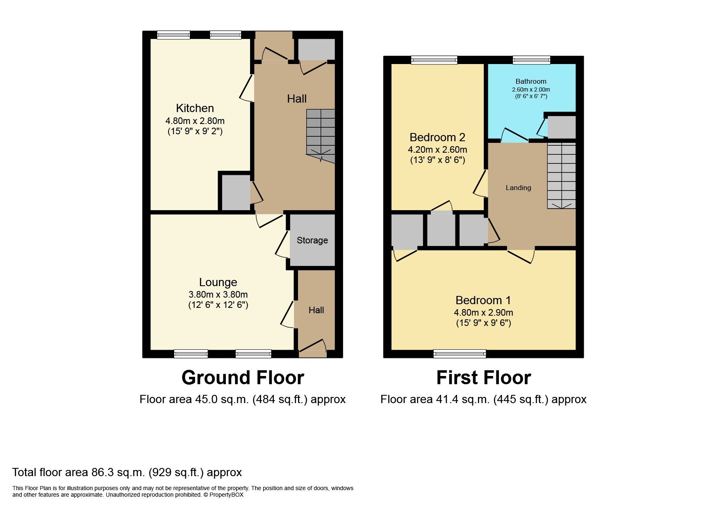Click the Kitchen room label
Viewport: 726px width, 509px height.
point(195,108)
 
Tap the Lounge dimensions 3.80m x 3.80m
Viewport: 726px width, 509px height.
point(218,295)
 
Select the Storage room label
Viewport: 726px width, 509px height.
point(312,241)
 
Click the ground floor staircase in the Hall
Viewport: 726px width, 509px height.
point(321,133)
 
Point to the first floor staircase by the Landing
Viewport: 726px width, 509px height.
point(561,176)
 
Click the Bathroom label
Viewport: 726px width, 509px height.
point(530,81)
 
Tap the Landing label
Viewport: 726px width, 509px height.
point(518,188)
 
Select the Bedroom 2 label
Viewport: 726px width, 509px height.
point(437,138)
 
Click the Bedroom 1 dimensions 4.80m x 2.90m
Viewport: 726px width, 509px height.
point(483,313)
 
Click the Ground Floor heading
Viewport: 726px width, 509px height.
point(243,378)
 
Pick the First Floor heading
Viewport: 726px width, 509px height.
point(483,378)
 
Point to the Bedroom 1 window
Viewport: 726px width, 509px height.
point(460,353)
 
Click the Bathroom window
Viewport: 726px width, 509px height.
point(531,60)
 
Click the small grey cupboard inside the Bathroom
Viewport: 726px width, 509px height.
point(561,127)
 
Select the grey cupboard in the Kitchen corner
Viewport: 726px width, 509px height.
point(236,192)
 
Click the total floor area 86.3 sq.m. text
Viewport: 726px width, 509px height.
point(127,472)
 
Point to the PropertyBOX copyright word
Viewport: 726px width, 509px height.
point(226,495)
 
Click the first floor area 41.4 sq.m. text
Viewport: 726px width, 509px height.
point(483,399)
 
